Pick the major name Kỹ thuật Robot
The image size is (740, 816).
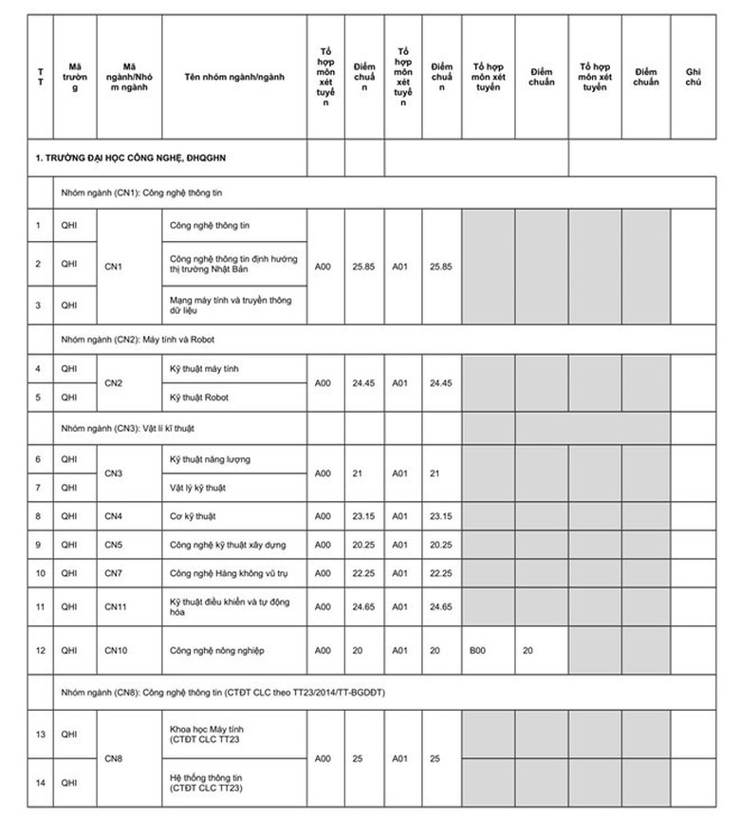198,397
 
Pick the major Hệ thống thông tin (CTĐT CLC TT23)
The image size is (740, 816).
206,783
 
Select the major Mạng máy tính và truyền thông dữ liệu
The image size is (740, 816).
228,304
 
